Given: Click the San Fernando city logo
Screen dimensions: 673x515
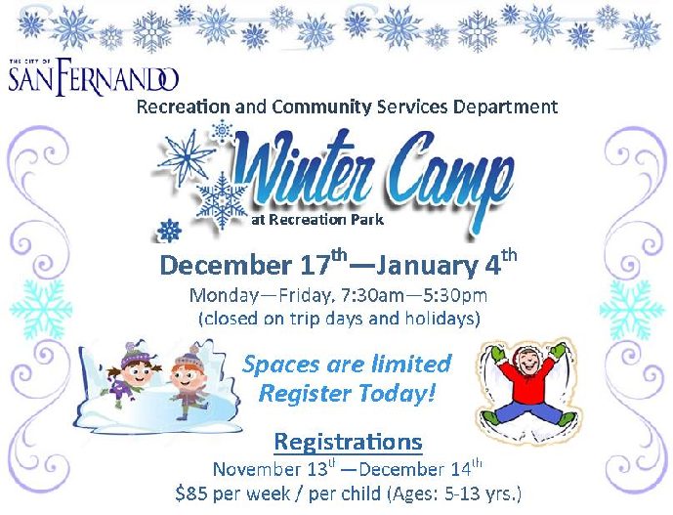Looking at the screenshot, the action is [x=93, y=75].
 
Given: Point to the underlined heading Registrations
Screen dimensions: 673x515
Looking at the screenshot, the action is [x=348, y=442].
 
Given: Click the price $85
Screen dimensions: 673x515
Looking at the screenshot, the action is [x=191, y=494].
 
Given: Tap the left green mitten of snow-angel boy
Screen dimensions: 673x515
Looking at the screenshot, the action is [x=498, y=353].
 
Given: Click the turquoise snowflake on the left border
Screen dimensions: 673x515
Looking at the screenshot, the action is [x=41, y=309].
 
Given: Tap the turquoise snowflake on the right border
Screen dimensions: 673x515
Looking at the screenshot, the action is [x=631, y=309].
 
